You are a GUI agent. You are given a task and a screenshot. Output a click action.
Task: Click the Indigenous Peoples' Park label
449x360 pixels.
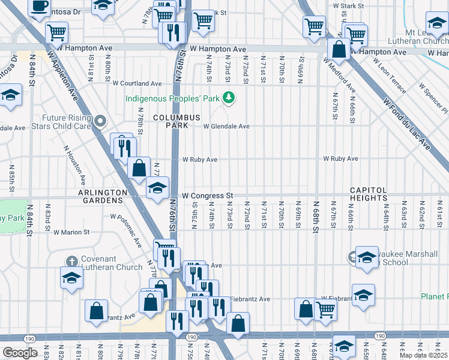coord(172,98)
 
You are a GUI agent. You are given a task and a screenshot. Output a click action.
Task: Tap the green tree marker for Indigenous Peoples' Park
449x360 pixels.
coord(228,97)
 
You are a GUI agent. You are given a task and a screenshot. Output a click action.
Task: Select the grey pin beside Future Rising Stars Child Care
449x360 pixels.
coord(101,122)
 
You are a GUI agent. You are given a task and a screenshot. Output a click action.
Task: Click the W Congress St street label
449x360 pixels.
coord(207,196)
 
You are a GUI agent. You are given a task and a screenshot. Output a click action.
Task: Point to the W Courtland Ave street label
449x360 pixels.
coord(137,83)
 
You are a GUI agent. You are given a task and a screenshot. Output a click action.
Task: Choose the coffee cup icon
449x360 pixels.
coord(39,6)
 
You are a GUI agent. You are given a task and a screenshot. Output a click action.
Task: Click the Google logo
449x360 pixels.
coord(20,352)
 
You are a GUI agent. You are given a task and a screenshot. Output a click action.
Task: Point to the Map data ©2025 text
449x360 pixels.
coord(424,355)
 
